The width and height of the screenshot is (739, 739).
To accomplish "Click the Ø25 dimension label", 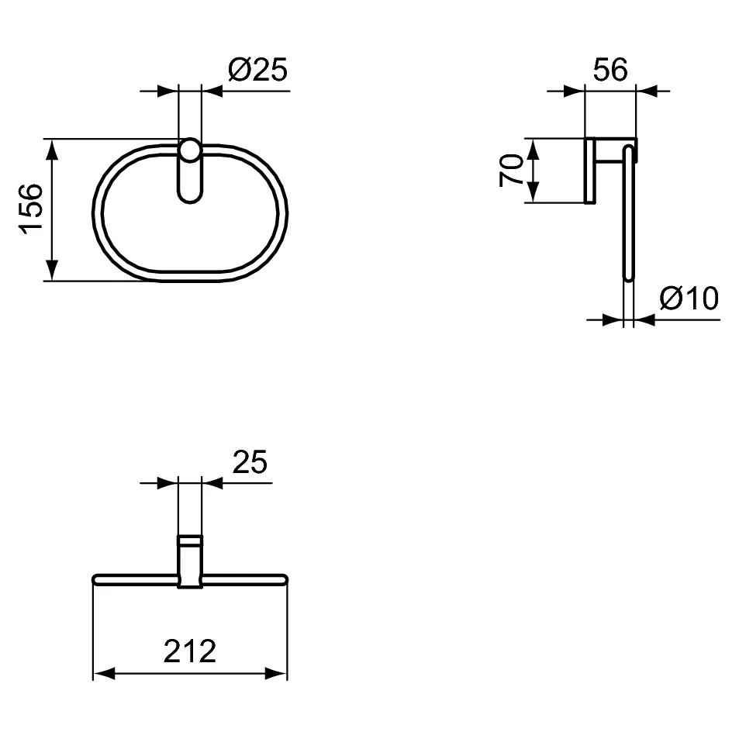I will coord(257,70).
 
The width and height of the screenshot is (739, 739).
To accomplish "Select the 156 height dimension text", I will coord(31,209).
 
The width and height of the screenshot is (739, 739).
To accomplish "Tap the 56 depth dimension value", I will coord(610,70).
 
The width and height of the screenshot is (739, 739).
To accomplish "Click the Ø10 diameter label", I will coord(689,298).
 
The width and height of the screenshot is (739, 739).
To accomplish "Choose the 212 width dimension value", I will coord(189,651).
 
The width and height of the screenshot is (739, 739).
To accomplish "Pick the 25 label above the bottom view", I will coord(250,463).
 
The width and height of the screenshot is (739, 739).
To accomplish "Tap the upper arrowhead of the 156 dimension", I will coord(52,149).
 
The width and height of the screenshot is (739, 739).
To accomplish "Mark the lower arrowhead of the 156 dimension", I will coord(52,271).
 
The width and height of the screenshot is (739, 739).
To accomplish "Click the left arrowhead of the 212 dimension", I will coord(104,673).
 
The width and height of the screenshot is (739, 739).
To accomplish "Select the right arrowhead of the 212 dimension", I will coord(276,673).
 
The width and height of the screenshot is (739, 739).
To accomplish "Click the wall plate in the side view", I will coord(589,171).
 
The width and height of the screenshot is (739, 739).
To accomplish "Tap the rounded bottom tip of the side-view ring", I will coord(629,275).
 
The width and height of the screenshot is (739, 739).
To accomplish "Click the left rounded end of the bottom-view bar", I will coord(97,578).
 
